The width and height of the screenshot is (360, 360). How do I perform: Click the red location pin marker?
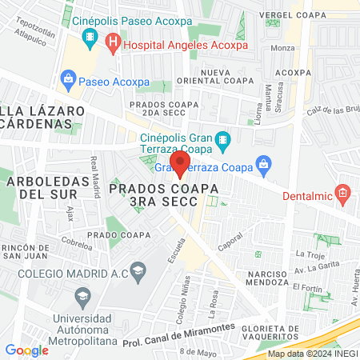(181, 165)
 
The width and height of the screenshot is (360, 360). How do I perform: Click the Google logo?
(26, 350)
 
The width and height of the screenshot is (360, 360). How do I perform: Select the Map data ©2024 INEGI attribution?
(311, 353)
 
